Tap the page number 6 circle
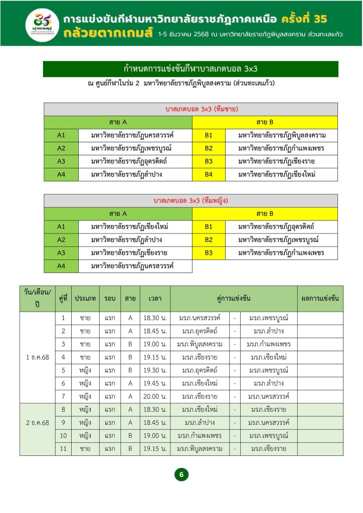point(181,474)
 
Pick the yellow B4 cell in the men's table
point(209,174)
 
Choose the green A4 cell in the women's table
point(61,266)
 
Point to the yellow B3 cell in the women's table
point(209,253)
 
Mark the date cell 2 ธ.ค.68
point(38,422)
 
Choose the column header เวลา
point(155,298)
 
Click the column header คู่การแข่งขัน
point(234,298)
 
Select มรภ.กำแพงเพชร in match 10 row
point(200,435)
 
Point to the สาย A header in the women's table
point(118,214)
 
